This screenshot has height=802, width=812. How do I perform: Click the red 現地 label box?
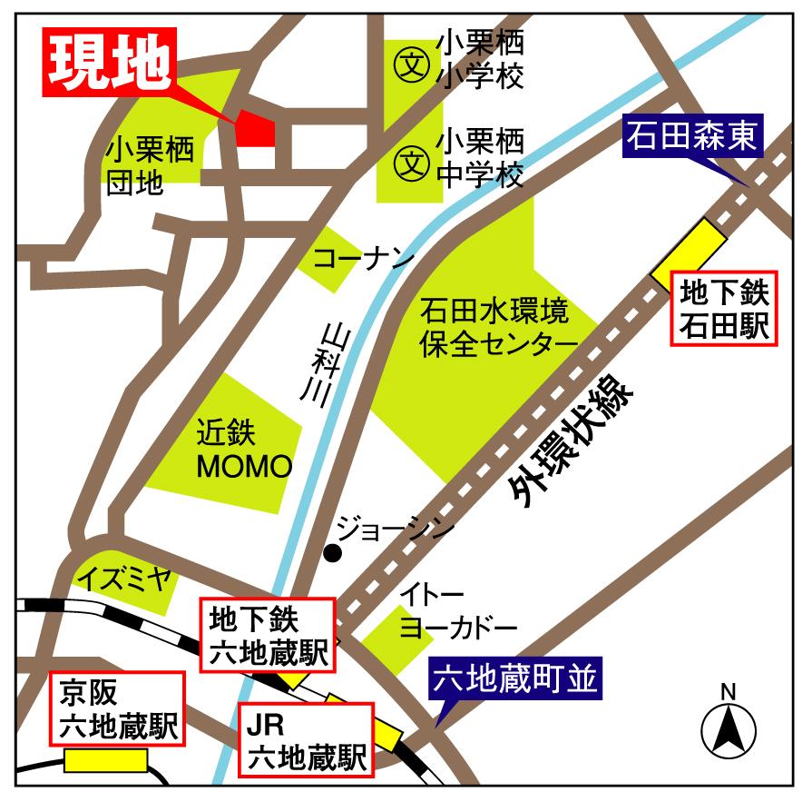(110, 63)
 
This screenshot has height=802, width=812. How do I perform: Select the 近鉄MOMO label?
(244, 450)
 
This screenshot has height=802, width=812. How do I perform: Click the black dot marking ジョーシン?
(333, 553)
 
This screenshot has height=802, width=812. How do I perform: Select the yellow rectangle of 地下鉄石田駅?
(690, 249)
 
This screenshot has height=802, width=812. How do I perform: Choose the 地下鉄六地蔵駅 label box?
(268, 634)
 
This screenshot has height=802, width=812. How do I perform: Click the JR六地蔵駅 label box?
(305, 739)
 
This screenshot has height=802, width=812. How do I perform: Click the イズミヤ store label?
(123, 579)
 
